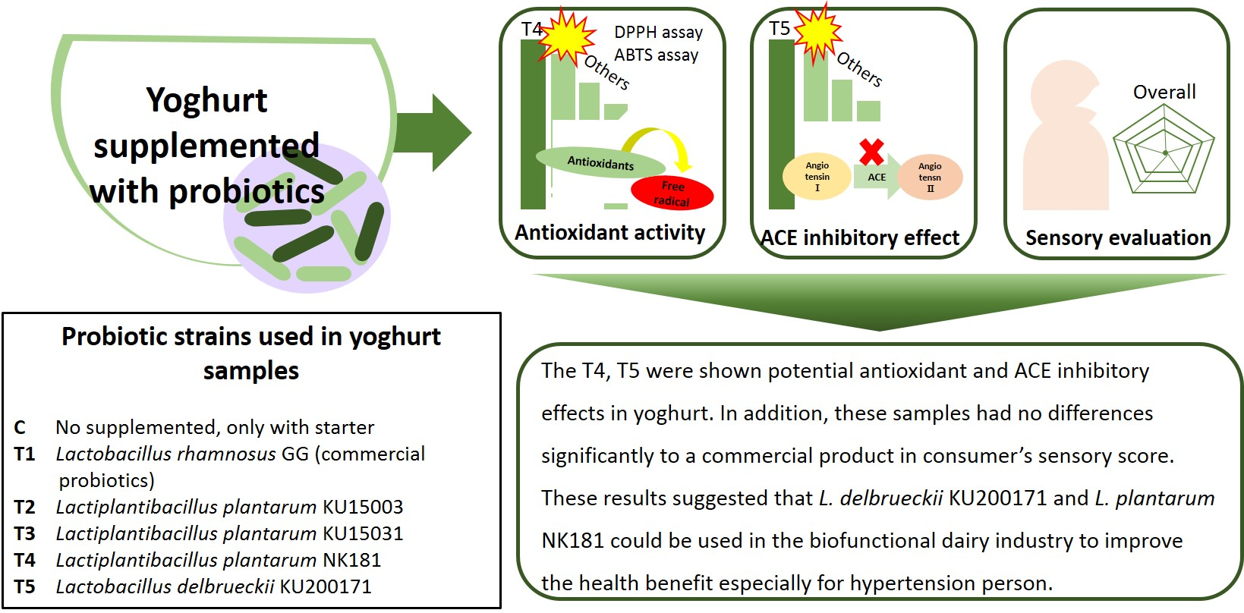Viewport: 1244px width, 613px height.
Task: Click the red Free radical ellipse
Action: (x=672, y=193)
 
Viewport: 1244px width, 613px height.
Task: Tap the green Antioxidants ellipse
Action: (x=600, y=162)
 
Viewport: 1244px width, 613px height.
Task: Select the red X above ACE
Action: (x=871, y=152)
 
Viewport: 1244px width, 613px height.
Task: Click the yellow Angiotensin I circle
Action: (x=817, y=177)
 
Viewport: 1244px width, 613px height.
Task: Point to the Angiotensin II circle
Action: (x=930, y=177)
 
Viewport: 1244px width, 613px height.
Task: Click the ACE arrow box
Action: (x=877, y=177)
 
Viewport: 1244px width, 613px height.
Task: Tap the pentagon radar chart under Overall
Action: (x=1164, y=152)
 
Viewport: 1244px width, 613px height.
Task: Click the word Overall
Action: (x=1164, y=92)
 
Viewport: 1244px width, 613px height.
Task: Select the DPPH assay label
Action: (x=658, y=33)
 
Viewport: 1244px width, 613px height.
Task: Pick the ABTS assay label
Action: (x=656, y=55)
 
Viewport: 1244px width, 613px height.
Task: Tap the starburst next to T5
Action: (x=817, y=32)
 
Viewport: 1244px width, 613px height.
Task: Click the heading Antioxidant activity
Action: (x=609, y=232)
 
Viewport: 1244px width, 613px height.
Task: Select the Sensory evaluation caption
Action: (x=1117, y=237)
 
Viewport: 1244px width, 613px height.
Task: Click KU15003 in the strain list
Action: (x=363, y=507)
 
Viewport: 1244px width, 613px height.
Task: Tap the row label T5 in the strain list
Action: (x=24, y=586)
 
